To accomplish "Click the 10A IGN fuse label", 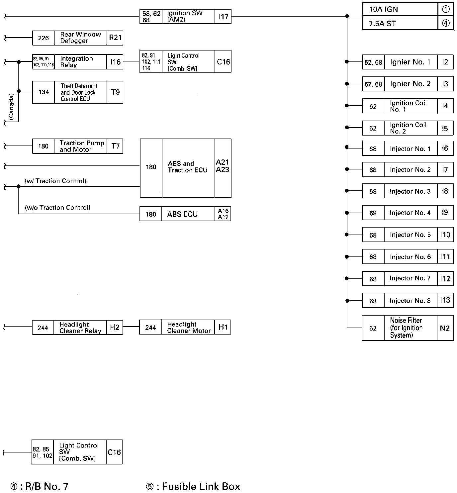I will pos(383,10).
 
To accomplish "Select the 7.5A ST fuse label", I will pos(382,24).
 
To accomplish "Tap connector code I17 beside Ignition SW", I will pos(223,17).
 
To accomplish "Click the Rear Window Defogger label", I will pos(80,38).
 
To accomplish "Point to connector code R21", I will pos(115,38).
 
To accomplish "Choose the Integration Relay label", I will pos(76,62).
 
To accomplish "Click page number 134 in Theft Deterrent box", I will pos(44,92).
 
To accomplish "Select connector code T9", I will pos(115,92).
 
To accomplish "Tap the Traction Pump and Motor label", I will pos(82,146).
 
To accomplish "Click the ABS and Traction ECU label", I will pos(187,167).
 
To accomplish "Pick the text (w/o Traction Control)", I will pos(57,208).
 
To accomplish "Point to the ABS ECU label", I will pos(182,214).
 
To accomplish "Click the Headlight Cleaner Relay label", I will pos(80,328).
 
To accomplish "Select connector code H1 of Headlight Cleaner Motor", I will pos(223,328).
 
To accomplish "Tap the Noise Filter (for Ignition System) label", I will pos(406,328).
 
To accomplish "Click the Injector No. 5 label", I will pos(410,235).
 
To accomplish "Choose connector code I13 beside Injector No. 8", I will pos(445,300).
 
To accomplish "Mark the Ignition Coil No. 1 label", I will pos(408,106).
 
